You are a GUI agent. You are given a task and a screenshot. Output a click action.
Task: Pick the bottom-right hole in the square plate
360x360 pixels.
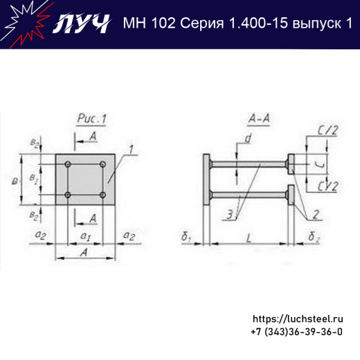[x=102, y=195]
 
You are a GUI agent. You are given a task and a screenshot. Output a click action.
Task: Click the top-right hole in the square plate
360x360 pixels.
[x=102, y=164]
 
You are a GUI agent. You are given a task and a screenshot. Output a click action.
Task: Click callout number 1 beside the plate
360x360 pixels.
[x=128, y=149]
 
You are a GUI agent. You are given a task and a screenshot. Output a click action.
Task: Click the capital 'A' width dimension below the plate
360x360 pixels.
[x=84, y=253]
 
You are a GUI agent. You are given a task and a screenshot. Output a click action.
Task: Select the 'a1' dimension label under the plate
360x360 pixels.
[x=85, y=237]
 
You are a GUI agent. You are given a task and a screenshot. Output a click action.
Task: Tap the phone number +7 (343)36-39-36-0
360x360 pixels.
[x=296, y=332]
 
